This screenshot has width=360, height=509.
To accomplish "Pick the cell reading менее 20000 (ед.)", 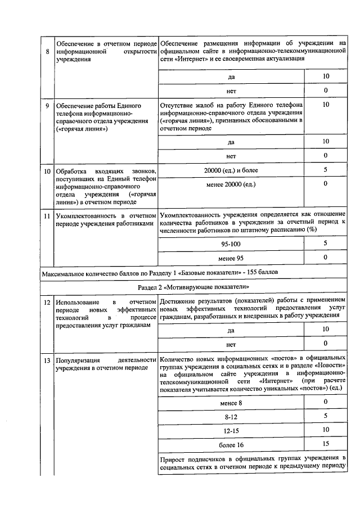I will coord(231,184).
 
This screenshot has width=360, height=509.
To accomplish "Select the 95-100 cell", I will coord(231,244).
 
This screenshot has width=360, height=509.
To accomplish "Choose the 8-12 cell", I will coord(231,417).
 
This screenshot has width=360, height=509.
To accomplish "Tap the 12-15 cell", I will coord(231,430).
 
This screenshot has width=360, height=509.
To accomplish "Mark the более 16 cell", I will coord(231,444).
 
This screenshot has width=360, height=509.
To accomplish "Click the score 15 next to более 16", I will coord(325,444).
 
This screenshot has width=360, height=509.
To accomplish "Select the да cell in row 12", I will coord(231,330).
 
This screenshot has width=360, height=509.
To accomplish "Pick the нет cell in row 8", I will coord(231,90).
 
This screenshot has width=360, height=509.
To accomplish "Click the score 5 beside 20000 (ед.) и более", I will coord(325,169).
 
